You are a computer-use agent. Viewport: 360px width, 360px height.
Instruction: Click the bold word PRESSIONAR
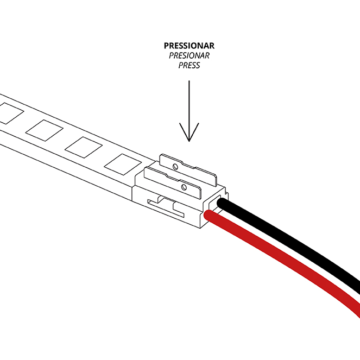pos(188,46)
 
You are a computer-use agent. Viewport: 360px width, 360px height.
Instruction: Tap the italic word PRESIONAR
pos(188,56)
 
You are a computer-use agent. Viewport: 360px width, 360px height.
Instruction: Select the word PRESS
pos(188,66)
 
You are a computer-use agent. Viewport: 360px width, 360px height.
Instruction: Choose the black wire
pos(293,239)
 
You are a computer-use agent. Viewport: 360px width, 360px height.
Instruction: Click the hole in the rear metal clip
pos(174,163)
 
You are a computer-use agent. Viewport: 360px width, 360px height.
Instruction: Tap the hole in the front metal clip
pos(186,187)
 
